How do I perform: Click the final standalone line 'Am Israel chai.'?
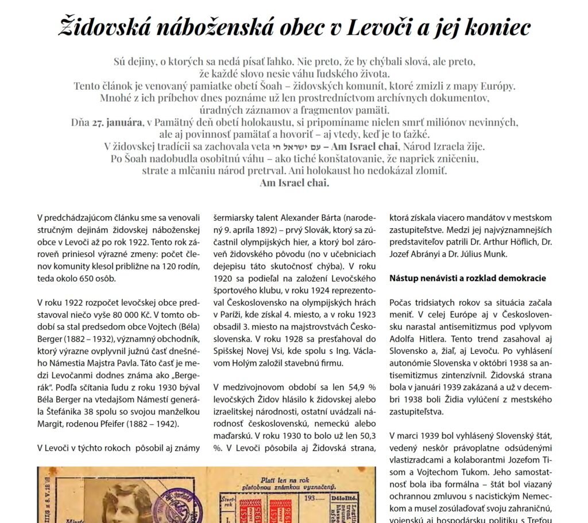(x=295, y=183)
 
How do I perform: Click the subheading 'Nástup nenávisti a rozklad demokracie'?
(x=467, y=278)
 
